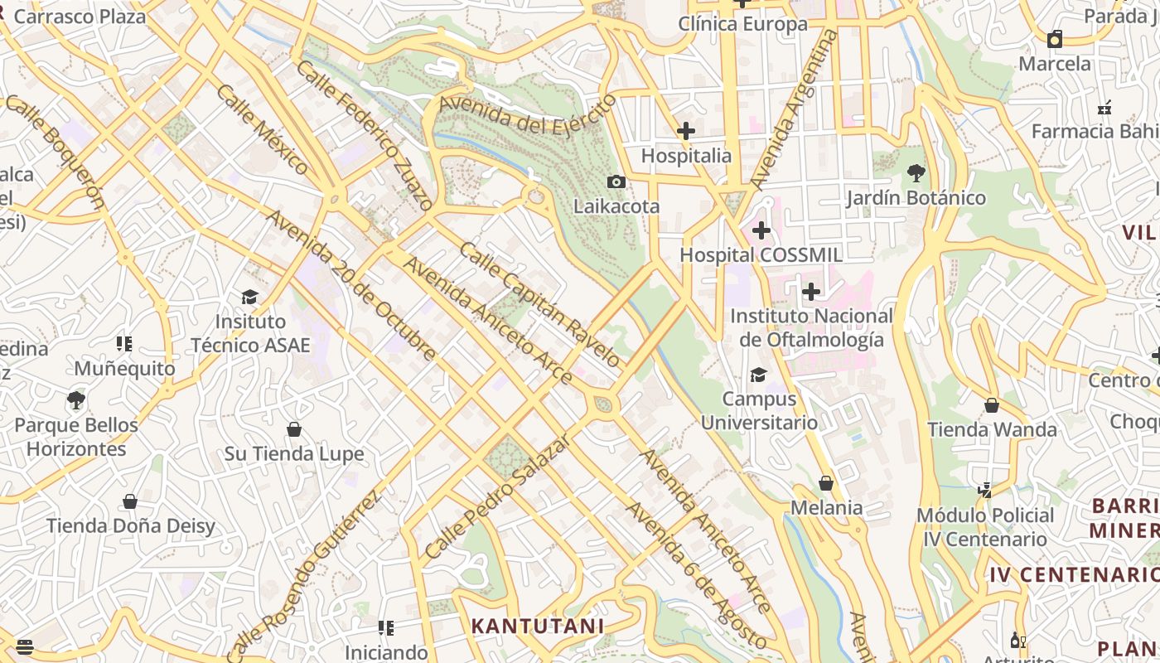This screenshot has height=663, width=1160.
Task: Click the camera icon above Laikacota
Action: [616, 181]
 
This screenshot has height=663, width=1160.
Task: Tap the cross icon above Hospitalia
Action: [686, 131]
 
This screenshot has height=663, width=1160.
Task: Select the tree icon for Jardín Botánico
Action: [916, 173]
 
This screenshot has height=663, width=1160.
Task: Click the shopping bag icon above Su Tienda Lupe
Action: [293, 429]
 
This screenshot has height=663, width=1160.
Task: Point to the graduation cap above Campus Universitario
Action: [758, 375]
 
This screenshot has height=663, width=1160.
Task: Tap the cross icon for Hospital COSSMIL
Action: [761, 230]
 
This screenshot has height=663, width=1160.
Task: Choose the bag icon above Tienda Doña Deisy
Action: [130, 501]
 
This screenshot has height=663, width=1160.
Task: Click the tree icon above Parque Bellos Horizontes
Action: [76, 400]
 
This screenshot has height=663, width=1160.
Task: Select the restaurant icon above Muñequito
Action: [124, 344]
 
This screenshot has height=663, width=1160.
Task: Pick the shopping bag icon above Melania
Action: [826, 483]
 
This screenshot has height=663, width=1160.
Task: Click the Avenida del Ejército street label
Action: [529, 115]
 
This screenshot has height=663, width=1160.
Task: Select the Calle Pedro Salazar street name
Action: [497, 496]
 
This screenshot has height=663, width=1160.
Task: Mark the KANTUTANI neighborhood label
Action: [538, 626]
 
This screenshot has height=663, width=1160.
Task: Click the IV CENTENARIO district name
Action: [1074, 574]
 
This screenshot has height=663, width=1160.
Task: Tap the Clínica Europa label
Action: [742, 24]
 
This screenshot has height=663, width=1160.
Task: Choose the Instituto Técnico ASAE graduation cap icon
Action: [249, 297]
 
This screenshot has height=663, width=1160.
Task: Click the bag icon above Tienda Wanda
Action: [992, 405]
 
